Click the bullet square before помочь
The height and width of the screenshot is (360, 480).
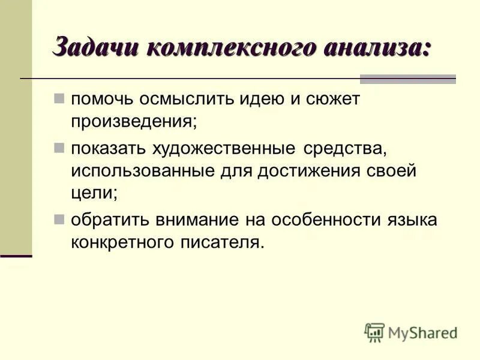point(59,98)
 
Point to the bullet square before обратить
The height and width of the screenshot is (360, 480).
point(59,219)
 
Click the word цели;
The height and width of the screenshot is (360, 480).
point(94,193)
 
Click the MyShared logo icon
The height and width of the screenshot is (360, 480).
point(374,332)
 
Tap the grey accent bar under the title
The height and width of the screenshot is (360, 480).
point(407,79)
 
